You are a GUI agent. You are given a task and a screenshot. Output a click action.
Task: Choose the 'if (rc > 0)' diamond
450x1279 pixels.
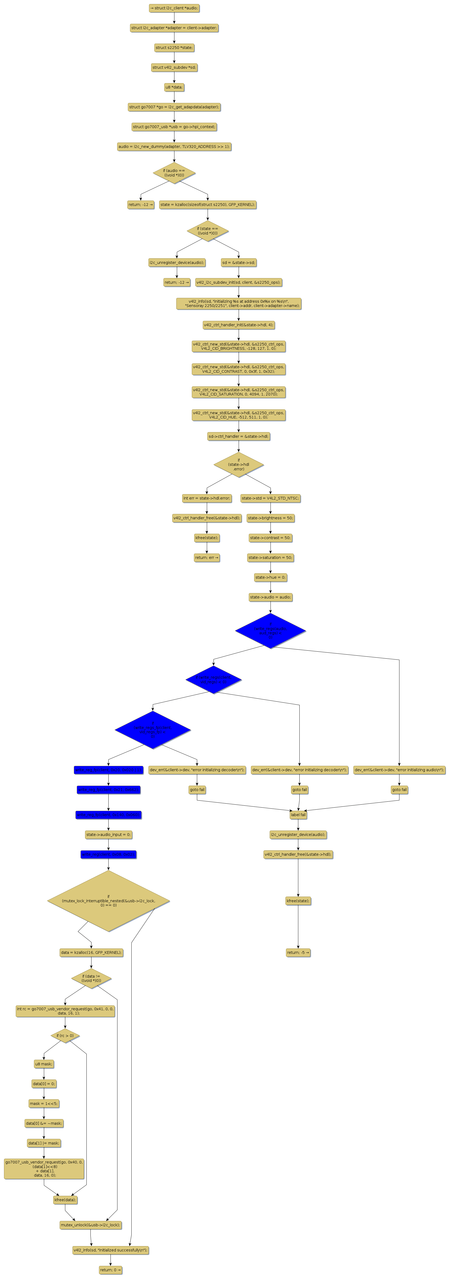pos(65,1036)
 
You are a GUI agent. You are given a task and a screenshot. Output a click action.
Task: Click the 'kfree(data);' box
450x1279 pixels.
pos(65,1200)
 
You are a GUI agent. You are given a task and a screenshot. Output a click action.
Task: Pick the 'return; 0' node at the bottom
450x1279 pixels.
pos(110,1270)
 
